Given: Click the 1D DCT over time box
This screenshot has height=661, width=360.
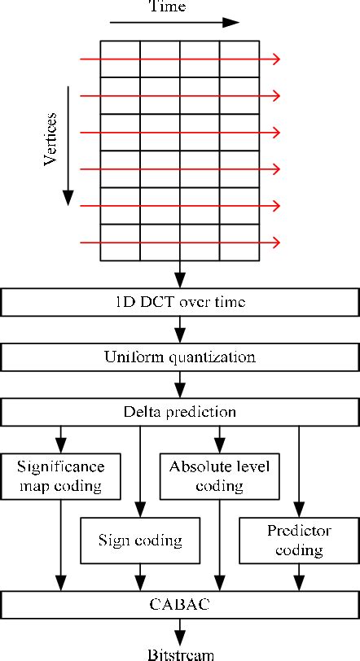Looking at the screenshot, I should click(x=180, y=303).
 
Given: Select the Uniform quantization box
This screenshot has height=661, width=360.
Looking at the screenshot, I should click(x=180, y=357).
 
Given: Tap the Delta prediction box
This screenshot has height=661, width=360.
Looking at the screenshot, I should click(x=180, y=412).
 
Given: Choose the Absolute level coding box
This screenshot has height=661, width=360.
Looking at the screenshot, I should click(x=219, y=478).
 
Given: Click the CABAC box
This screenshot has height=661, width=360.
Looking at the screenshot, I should click(x=180, y=604).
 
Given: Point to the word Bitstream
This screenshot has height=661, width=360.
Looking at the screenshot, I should click(x=180, y=654).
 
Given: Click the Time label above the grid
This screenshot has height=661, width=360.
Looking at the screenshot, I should click(x=168, y=7).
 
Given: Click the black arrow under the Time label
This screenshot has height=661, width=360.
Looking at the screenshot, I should click(x=175, y=23).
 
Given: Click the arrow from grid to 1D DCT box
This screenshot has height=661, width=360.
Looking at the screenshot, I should click(x=180, y=275).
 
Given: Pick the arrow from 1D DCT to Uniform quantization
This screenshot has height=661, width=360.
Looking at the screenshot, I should click(x=180, y=330).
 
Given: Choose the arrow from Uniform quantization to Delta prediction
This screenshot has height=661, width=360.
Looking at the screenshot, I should click(x=180, y=384).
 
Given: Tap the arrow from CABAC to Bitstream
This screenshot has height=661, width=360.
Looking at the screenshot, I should click(x=180, y=630).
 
